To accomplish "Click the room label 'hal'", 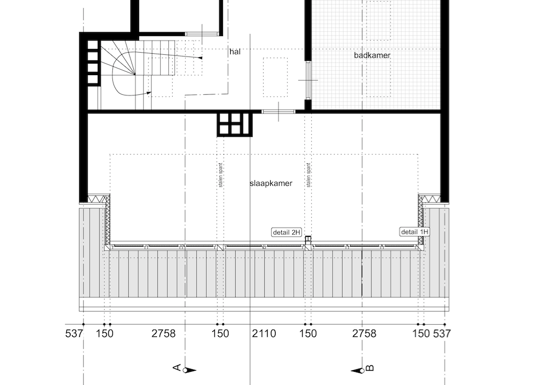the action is point(235,52).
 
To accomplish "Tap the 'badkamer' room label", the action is point(372,55).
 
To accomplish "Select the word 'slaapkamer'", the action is point(271,183).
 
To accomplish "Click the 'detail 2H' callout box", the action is point(287,233).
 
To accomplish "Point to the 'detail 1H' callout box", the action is point(414,232).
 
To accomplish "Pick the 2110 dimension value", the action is point(264,333).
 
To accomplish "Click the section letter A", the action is point(177,367).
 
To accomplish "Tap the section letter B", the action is point(370,368).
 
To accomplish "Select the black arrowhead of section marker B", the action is point(357,371).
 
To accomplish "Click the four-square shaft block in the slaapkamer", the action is point(235,124).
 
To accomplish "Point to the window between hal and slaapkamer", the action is point(278,112).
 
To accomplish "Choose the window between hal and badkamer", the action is point(308,81).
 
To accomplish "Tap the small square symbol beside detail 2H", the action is point(308,239).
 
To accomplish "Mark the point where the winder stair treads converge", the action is point(134,74).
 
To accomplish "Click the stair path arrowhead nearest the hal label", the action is point(200,58).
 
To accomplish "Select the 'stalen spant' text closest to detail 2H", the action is point(309,175).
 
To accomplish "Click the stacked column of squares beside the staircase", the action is point(93,62).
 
